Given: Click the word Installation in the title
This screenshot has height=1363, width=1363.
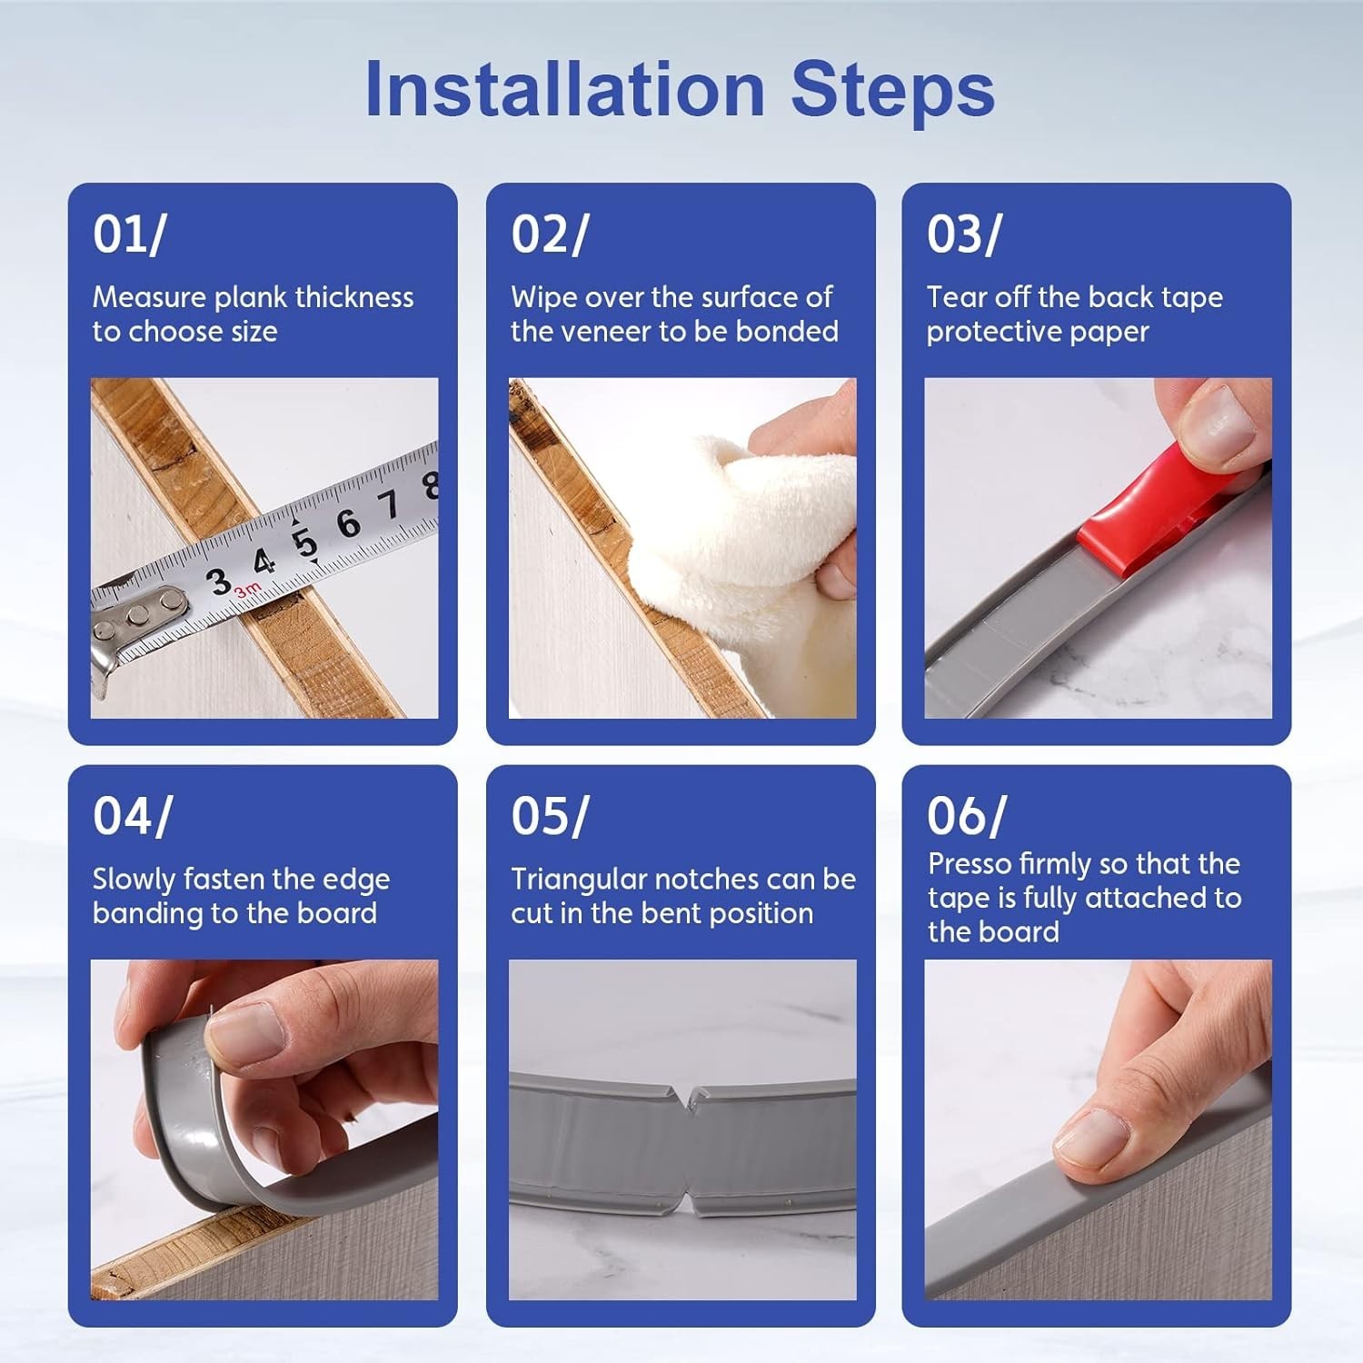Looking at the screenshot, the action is (x=564, y=89).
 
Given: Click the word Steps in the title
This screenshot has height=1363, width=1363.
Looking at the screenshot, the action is (x=892, y=91).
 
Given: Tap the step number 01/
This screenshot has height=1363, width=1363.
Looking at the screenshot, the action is (x=129, y=234).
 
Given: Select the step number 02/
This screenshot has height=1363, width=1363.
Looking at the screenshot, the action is (x=550, y=234).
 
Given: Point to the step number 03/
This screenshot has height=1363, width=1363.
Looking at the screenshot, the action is (x=964, y=234).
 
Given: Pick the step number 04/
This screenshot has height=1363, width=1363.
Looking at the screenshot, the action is (x=132, y=816).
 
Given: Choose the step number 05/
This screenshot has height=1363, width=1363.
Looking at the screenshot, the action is (x=550, y=816).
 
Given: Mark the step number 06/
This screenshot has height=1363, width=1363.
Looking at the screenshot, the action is (x=966, y=816).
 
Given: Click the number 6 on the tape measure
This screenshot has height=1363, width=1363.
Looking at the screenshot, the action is (x=348, y=523).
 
